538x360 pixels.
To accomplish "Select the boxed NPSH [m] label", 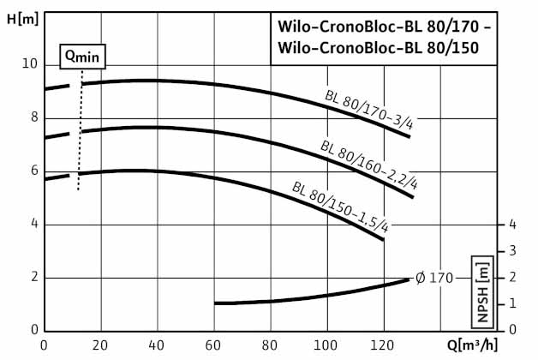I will click(x=485, y=291).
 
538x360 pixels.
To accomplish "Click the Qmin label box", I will click(x=83, y=57).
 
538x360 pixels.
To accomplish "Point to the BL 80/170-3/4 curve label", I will click(x=369, y=109).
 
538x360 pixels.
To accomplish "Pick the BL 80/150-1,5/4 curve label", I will click(x=340, y=207).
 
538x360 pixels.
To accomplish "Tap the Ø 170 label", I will click(x=434, y=278).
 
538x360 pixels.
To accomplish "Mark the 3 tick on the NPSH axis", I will click(x=511, y=250).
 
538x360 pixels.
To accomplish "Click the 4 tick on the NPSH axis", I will click(x=511, y=224).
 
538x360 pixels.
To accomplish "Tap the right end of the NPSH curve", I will click(x=409, y=279).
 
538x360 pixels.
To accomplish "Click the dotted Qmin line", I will click(x=79, y=137).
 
